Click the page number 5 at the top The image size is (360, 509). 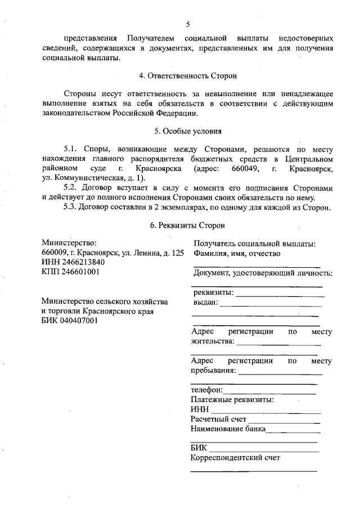[x=188, y=24]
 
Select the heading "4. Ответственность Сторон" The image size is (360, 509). [x=188, y=75]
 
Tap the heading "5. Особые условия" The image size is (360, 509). [x=188, y=132]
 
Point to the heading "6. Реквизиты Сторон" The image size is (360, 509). [x=188, y=225]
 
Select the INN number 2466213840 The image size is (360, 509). [x=80, y=262]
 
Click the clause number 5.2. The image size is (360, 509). [x=71, y=187]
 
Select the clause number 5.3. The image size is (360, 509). [x=71, y=206]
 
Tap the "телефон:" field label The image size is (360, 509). [x=206, y=390]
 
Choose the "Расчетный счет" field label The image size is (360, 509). [x=218, y=419]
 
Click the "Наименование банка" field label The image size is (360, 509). [x=227, y=429]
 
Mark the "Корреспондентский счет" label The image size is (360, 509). [x=235, y=458]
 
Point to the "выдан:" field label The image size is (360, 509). [x=205, y=302]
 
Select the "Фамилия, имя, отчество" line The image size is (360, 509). [x=237, y=253]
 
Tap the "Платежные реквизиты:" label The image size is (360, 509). [x=232, y=399]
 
